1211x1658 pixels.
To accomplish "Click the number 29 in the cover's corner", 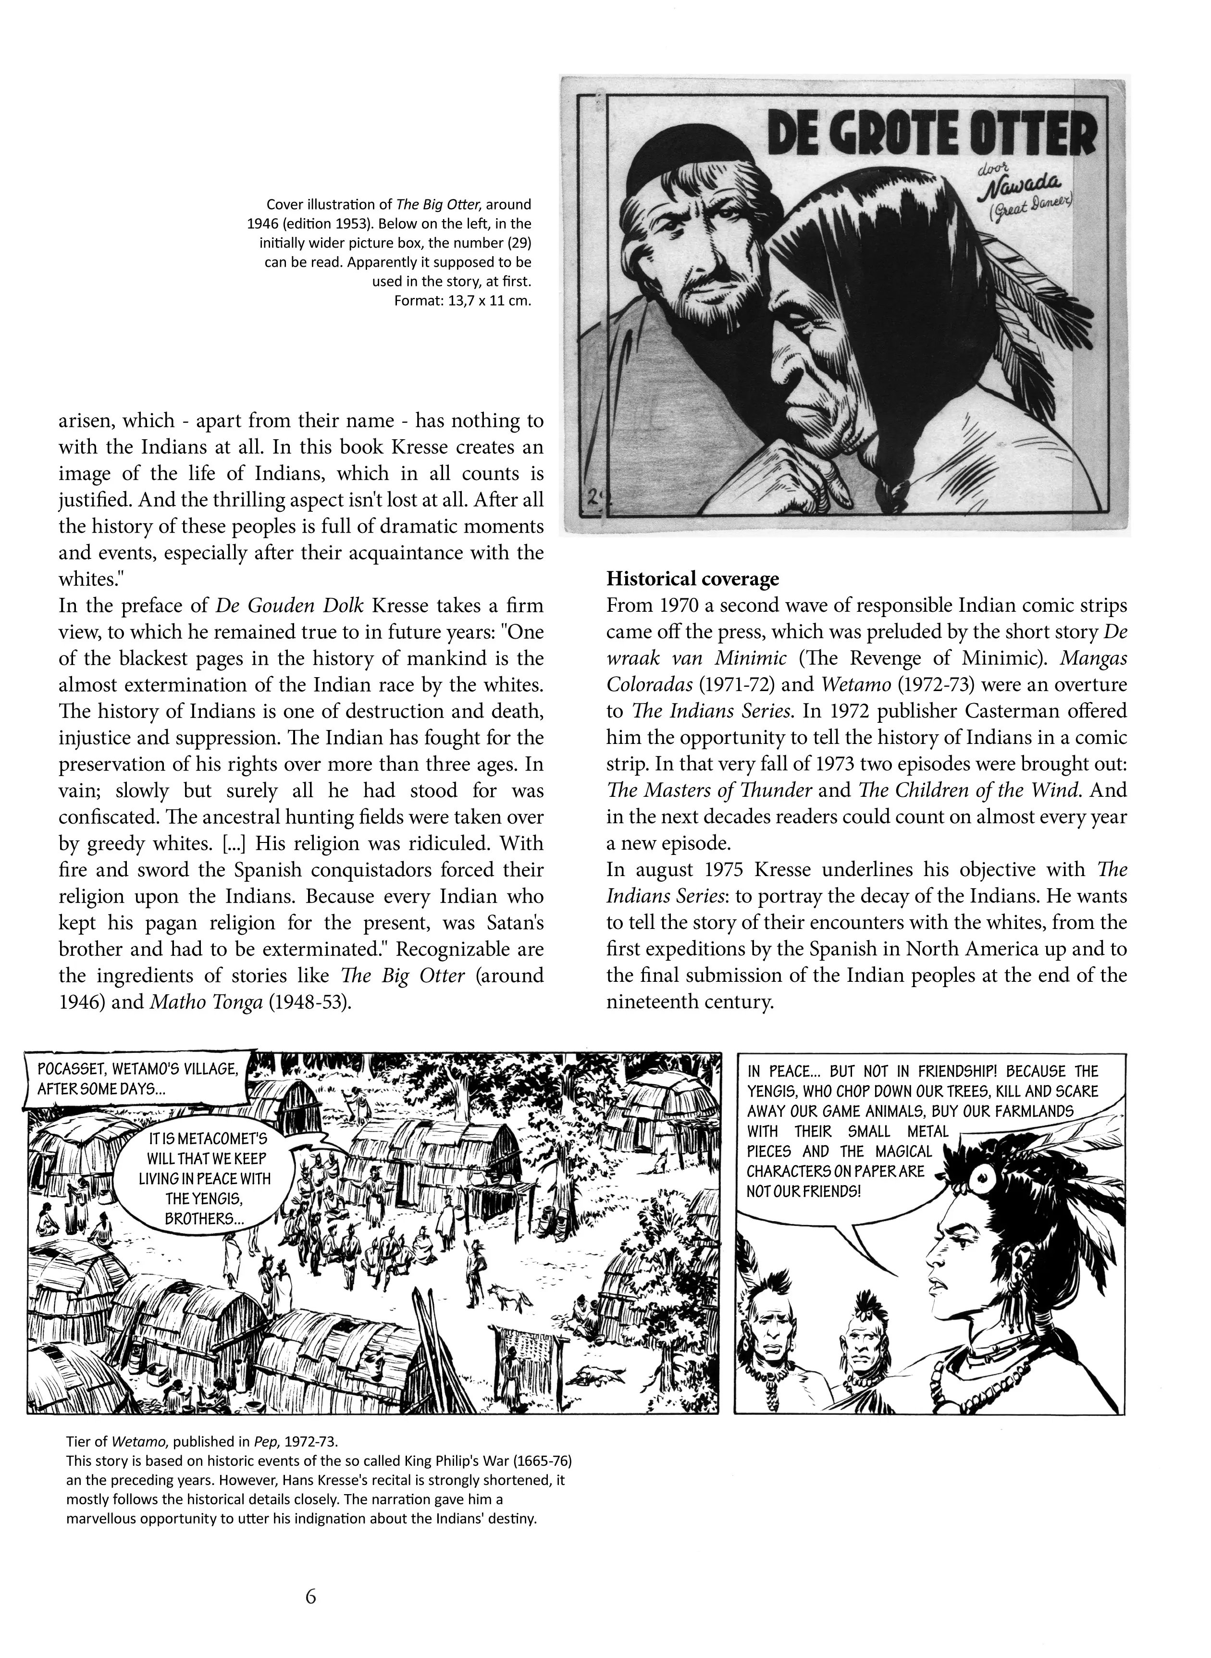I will pos(591,497).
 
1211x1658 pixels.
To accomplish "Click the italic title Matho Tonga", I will pos(207,1002).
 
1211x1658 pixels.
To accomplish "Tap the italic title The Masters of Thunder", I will pos(709,790).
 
